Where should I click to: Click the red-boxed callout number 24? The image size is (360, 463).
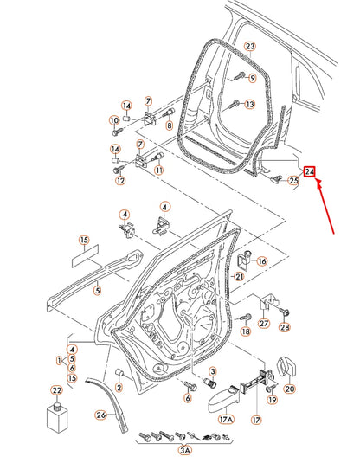coord(310,171)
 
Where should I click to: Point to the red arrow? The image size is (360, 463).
coord(325,206)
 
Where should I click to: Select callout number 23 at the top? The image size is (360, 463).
coord(250,47)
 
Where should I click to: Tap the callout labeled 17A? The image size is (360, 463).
coord(226,420)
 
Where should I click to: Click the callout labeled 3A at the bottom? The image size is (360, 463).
coord(185,450)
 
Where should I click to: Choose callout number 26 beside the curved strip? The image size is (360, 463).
coord(101,415)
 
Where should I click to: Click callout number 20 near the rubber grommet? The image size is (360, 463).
coord(290,389)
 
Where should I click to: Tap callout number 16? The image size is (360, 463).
coord(262,261)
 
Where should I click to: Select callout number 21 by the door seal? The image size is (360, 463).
coord(239,277)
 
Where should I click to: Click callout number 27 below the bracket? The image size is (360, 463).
coord(264,324)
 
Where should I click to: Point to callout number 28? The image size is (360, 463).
coord(285,327)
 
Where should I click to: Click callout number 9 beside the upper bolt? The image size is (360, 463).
coord(252,78)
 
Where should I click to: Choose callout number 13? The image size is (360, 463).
coord(250,104)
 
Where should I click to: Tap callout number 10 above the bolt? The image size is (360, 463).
coord(114,120)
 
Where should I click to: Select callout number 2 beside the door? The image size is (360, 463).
coord(119,387)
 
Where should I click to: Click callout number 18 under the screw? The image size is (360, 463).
coord(246,331)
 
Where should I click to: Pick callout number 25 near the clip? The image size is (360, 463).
coord(293,180)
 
